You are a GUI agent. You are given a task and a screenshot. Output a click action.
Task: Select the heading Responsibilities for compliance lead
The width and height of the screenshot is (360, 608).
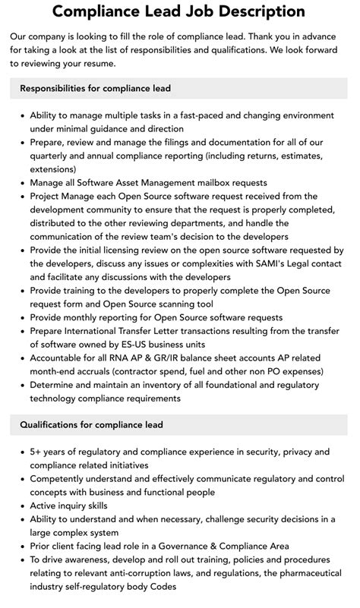[x=96, y=88]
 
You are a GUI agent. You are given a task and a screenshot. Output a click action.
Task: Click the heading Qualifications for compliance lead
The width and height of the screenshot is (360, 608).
[x=91, y=424]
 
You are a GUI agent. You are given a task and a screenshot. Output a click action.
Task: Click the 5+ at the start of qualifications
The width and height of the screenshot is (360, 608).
[x=36, y=451]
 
